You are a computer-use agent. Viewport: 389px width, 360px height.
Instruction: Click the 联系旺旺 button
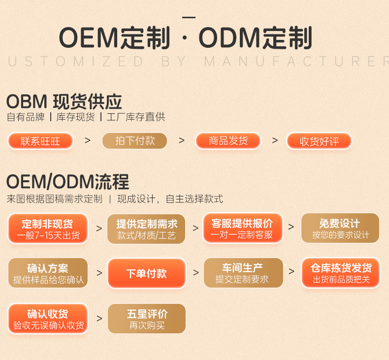pyautogui.click(x=40, y=141)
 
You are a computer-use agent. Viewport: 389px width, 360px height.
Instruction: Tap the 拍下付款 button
pyautogui.click(x=134, y=141)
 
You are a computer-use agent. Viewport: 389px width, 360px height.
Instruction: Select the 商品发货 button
pyautogui.click(x=228, y=141)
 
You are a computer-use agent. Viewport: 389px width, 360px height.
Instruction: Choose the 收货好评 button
pyautogui.click(x=319, y=141)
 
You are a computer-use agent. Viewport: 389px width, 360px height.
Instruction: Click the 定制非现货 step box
pyautogui.click(x=48, y=229)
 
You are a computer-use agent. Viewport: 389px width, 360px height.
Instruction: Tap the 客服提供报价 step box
pyautogui.click(x=242, y=228)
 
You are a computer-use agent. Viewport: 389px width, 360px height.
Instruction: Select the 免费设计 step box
pyautogui.click(x=340, y=229)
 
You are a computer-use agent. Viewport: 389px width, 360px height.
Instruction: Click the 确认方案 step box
pyautogui.click(x=48, y=273)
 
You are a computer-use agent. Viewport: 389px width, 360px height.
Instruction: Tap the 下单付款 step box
pyautogui.click(x=146, y=273)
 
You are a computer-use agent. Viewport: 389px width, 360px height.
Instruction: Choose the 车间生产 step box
pyautogui.click(x=242, y=273)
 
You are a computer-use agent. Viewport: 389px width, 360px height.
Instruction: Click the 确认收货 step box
pyautogui.click(x=48, y=319)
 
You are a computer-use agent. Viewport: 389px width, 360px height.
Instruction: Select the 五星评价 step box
pyautogui.click(x=146, y=319)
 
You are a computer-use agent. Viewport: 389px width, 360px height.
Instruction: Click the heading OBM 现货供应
pyautogui.click(x=64, y=101)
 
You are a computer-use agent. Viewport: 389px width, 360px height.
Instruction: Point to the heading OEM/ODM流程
pyautogui.click(x=67, y=182)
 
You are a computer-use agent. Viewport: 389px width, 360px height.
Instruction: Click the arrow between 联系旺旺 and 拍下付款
pyautogui.click(x=88, y=140)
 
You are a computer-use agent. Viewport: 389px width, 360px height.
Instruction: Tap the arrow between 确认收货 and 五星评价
pyautogui.click(x=99, y=319)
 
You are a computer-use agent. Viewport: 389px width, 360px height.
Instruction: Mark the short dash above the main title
pyautogui.click(x=189, y=17)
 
